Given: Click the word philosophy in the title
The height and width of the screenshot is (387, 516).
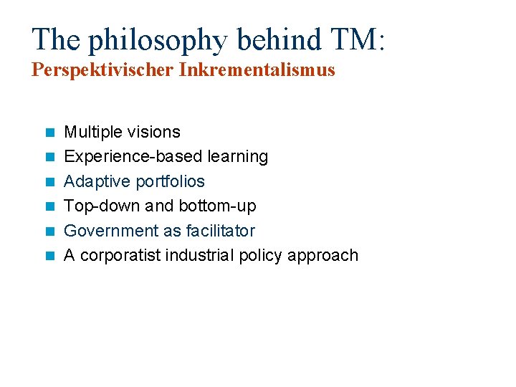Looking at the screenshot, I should coord(152,40).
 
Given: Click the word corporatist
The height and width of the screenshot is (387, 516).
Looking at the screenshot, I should coord(120,256).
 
